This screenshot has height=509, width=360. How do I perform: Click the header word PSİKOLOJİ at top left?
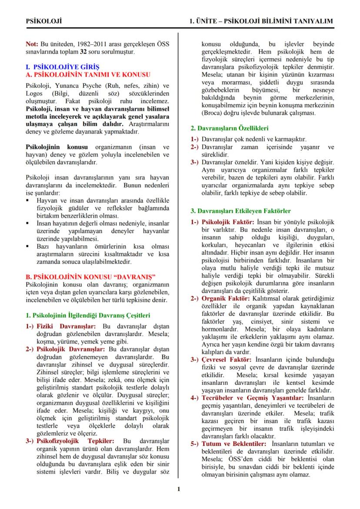[44, 21]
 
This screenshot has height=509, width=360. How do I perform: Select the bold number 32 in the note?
[83, 51]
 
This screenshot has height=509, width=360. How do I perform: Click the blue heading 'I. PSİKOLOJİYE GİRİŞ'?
[63, 67]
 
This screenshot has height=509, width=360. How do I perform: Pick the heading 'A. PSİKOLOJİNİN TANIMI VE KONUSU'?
[88, 74]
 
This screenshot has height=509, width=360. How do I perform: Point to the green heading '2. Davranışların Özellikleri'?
[230, 128]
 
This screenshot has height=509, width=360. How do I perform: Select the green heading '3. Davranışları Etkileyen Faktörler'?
[241, 211]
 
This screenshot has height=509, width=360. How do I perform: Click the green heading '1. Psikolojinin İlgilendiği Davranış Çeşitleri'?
[88, 315]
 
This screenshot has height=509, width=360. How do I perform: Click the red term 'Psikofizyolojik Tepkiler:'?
[75, 441]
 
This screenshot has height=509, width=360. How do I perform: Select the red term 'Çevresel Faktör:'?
[226, 359]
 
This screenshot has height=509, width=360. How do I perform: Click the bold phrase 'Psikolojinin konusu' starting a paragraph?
[57, 147]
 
